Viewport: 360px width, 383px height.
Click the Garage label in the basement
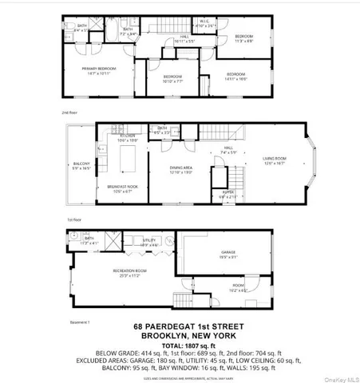coord(229,255)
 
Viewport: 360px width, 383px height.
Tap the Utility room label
coord(148,240)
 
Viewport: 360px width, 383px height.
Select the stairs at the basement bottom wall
coord(183,303)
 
